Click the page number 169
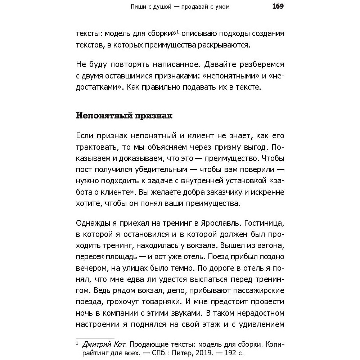(x=277, y=6)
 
